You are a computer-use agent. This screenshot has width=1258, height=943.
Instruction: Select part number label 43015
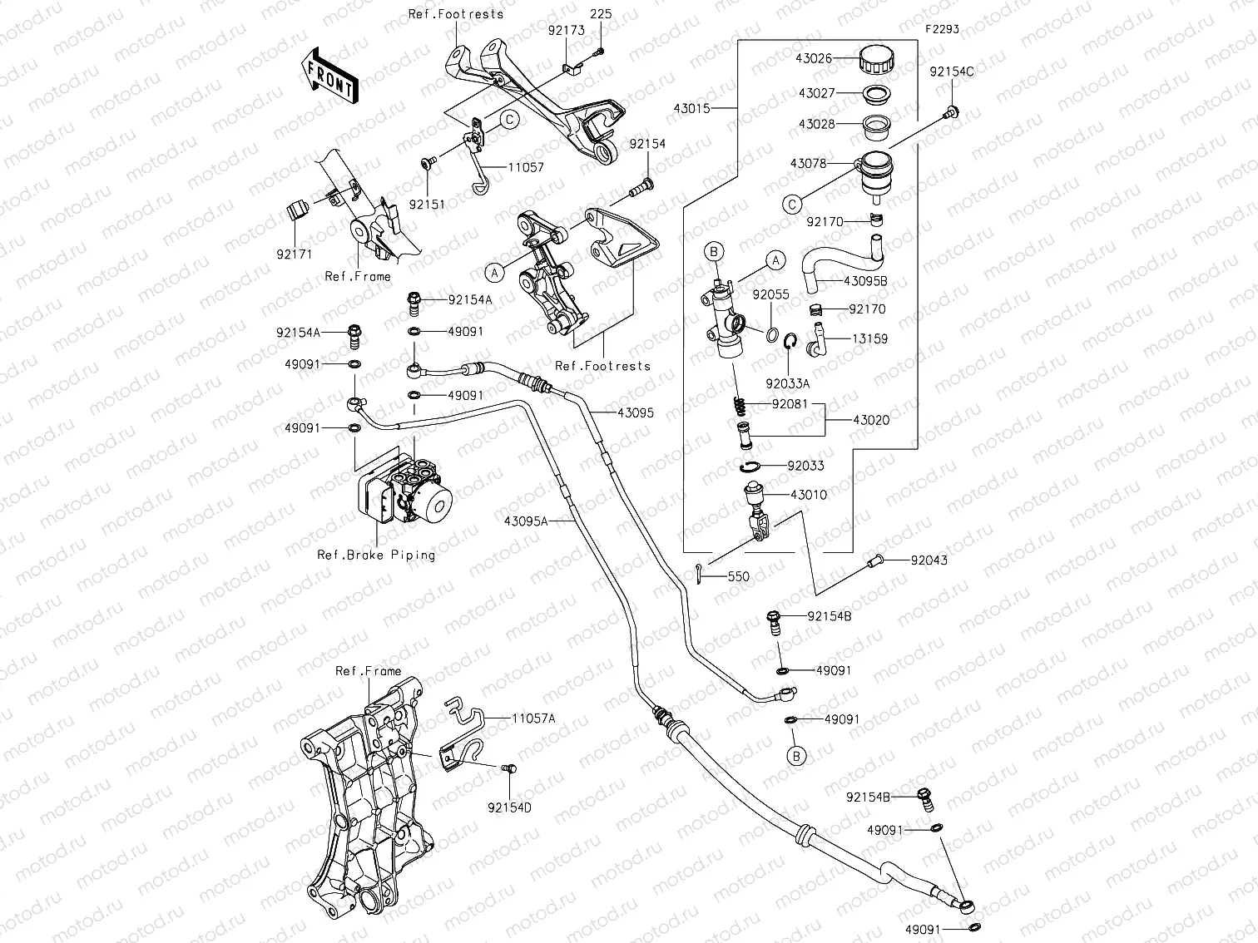click(x=692, y=108)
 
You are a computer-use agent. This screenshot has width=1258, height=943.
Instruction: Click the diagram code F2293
click(x=942, y=29)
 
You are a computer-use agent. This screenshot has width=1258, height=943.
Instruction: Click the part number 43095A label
click(x=526, y=521)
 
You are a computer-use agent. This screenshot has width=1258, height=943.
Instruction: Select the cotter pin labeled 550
click(x=700, y=573)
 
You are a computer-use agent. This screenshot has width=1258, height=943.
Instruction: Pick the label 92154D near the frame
click(x=509, y=806)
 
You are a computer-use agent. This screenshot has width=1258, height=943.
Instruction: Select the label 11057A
click(x=533, y=718)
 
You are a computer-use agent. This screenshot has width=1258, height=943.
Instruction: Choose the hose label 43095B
click(x=865, y=281)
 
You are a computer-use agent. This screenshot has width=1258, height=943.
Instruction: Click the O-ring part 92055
click(x=772, y=334)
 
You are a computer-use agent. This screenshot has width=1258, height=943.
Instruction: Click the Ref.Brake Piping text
click(x=376, y=555)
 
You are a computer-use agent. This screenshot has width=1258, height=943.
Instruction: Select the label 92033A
click(x=787, y=383)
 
